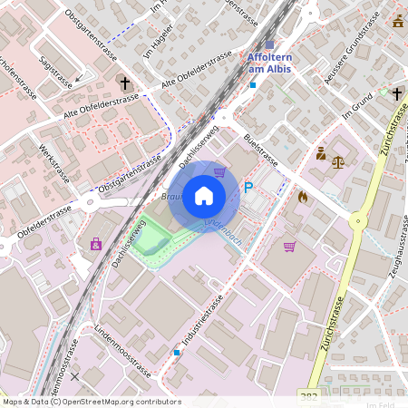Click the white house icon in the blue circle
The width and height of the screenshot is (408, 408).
click(x=204, y=196)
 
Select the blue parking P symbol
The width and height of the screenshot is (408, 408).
click(x=248, y=188)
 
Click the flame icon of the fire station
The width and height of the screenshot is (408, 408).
click(x=303, y=195)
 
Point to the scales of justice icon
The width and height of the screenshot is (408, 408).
click(x=338, y=162)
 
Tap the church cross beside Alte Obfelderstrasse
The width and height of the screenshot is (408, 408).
click(x=123, y=83)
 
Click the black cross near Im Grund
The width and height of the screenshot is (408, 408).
click(x=396, y=92)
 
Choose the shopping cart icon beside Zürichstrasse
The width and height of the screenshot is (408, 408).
click(x=289, y=246)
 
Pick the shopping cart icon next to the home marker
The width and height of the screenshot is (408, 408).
click(x=219, y=171)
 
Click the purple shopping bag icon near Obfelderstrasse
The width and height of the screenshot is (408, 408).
click(x=95, y=243)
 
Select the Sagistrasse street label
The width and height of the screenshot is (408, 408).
click(x=57, y=67)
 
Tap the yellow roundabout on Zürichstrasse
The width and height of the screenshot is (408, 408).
click(x=358, y=219)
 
